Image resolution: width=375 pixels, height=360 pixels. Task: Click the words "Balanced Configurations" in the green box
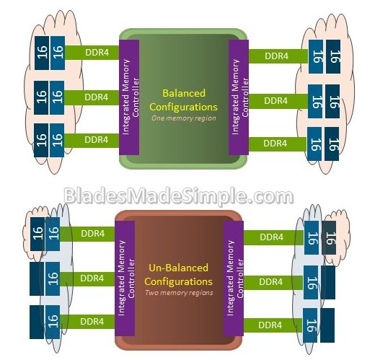click(183, 100)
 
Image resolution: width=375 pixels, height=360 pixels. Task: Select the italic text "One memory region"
click(184, 118)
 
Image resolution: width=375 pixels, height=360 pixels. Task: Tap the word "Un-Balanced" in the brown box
click(178, 268)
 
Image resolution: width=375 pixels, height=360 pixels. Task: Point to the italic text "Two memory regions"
click(179, 293)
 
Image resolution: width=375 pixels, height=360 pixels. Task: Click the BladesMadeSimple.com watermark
click(179, 196)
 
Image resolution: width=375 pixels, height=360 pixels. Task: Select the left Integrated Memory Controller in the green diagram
click(129, 97)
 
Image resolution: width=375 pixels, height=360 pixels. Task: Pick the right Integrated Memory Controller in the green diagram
click(239, 97)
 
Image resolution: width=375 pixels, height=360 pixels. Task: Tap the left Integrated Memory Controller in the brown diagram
click(125, 278)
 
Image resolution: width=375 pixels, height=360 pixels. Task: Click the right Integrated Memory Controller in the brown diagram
click(234, 278)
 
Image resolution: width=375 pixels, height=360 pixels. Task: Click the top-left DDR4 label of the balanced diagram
click(97, 53)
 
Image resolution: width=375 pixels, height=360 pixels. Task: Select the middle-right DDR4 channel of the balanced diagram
click(278, 101)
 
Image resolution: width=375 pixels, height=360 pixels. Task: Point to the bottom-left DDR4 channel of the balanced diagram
click(92, 140)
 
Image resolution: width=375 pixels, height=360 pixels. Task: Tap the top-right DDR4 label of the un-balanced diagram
click(272, 237)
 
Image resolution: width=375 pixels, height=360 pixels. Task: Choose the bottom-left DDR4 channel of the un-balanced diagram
click(87, 322)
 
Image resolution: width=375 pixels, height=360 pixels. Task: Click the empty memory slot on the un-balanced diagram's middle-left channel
click(37, 278)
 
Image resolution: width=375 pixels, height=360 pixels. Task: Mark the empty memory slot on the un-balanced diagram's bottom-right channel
click(327, 325)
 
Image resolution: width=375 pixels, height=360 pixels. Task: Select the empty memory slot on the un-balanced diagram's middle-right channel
click(328, 282)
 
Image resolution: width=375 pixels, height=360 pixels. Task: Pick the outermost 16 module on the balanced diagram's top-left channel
click(42, 53)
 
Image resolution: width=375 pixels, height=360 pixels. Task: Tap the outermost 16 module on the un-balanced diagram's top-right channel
click(329, 238)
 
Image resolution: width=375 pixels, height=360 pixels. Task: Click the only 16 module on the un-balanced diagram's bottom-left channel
click(53, 322)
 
